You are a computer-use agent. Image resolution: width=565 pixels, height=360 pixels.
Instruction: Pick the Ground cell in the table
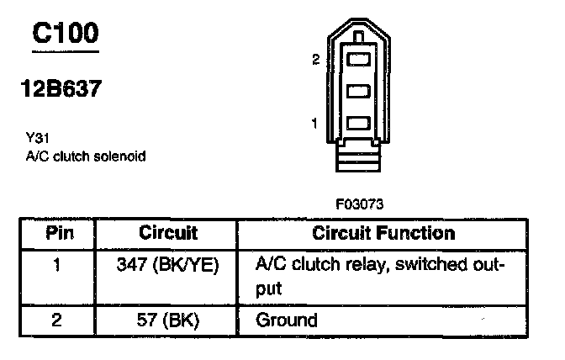click(x=286, y=320)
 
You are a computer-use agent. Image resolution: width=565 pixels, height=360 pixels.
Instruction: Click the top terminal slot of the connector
click(x=358, y=60)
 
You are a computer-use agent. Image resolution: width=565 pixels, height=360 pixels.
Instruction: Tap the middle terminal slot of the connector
click(x=358, y=91)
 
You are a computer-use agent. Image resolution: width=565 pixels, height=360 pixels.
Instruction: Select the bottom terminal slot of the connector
click(x=358, y=123)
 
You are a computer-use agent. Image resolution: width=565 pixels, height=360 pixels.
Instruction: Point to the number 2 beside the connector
click(x=315, y=60)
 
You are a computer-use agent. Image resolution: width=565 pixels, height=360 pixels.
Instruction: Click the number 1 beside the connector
click(x=314, y=123)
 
